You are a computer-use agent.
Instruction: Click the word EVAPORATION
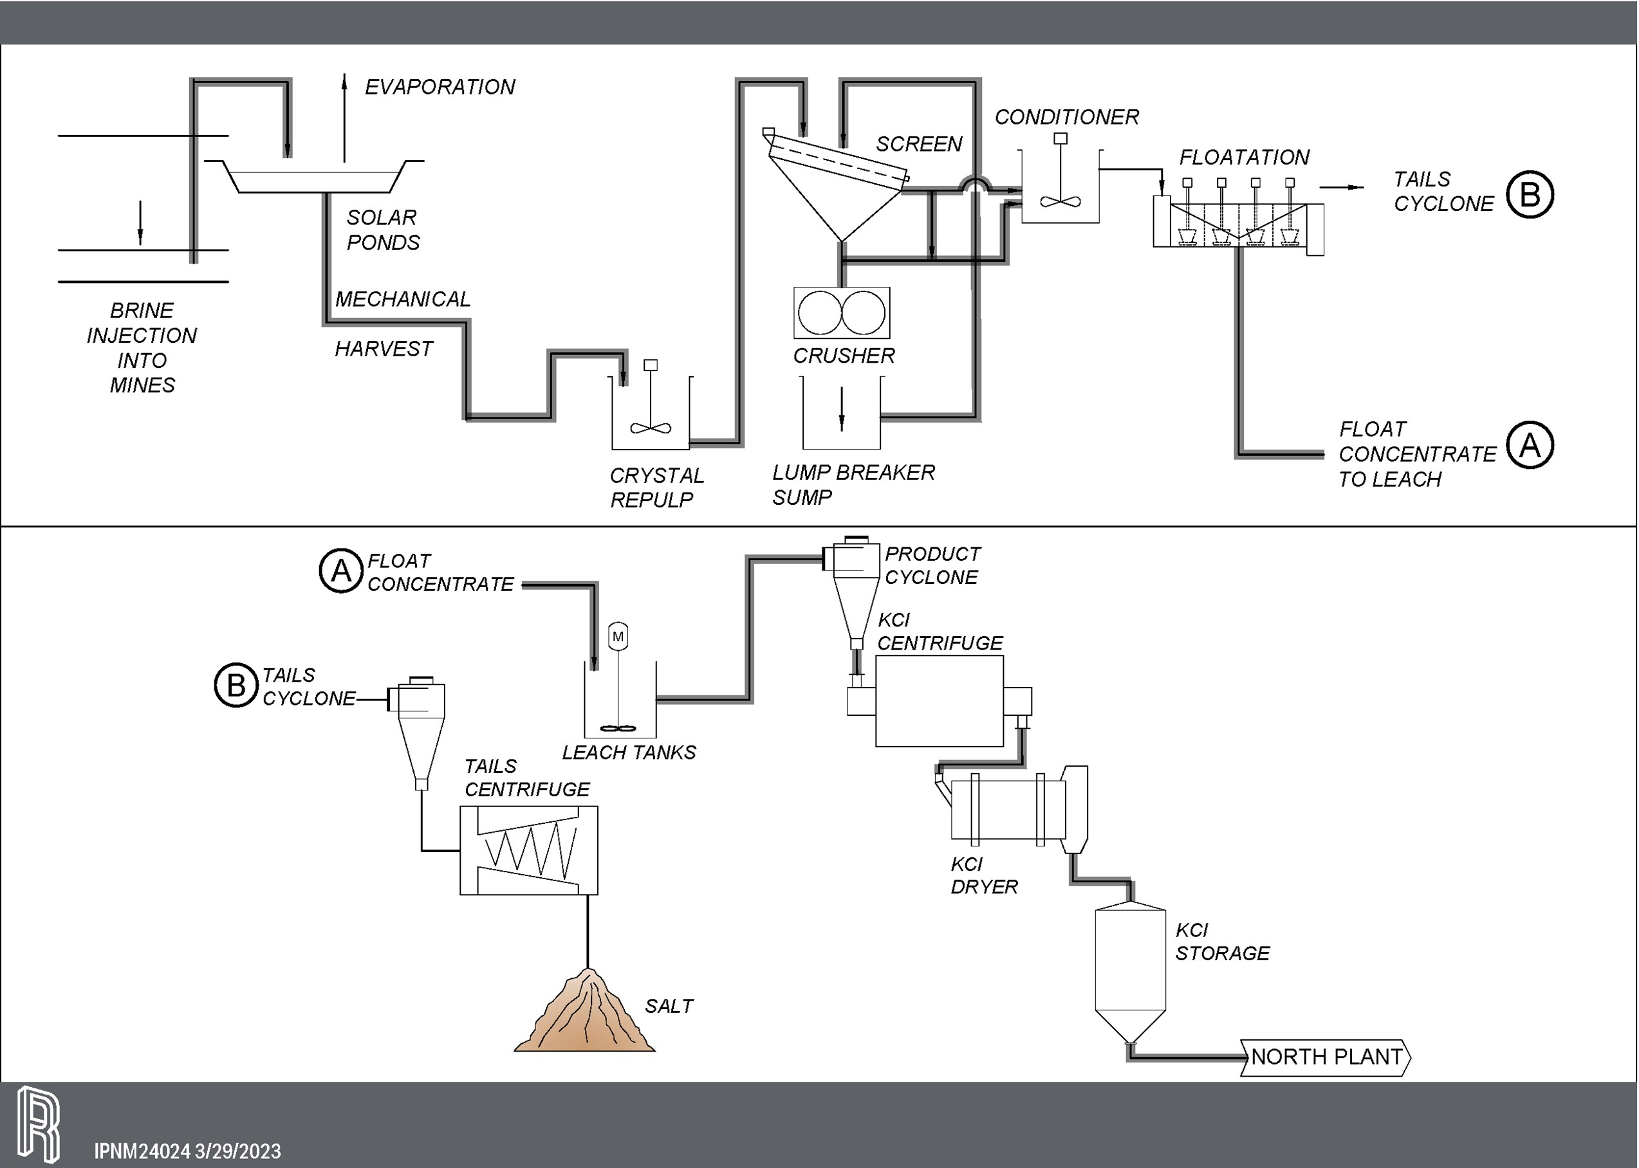pyautogui.click(x=440, y=87)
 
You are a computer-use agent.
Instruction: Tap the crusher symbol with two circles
pyautogui.click(x=841, y=313)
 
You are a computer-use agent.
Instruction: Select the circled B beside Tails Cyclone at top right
pyautogui.click(x=1530, y=194)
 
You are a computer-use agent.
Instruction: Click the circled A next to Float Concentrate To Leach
pyautogui.click(x=1530, y=445)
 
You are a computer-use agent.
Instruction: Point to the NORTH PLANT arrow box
pyautogui.click(x=1326, y=1057)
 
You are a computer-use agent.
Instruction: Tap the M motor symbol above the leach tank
pyautogui.click(x=618, y=637)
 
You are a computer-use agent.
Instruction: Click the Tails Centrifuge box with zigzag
pyautogui.click(x=528, y=850)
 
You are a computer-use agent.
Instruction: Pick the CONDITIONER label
pyautogui.click(x=1066, y=117)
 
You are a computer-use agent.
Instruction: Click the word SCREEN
pyautogui.click(x=919, y=145)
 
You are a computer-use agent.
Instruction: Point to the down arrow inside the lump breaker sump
pyautogui.click(x=842, y=409)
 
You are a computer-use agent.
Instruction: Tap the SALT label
pyautogui.click(x=669, y=1006)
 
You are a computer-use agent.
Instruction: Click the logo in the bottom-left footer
pyautogui.click(x=38, y=1124)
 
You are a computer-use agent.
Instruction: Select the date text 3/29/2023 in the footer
pyautogui.click(x=237, y=1151)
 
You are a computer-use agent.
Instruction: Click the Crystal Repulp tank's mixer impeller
pyautogui.click(x=651, y=428)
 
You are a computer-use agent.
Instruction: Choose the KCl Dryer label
pyautogui.click(x=983, y=875)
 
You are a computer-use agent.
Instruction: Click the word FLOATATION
pyautogui.click(x=1244, y=158)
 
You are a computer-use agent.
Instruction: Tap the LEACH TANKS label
pyautogui.click(x=629, y=753)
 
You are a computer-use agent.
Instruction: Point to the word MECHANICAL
pyautogui.click(x=403, y=299)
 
